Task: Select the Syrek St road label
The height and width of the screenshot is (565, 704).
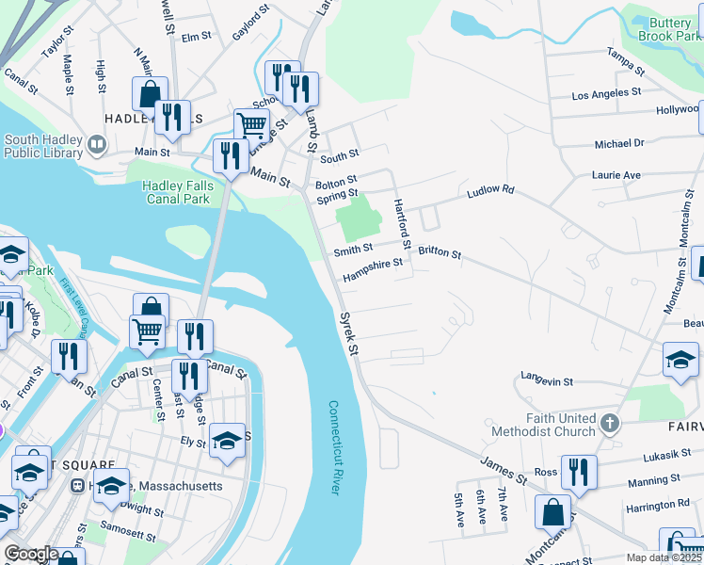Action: pos(349,333)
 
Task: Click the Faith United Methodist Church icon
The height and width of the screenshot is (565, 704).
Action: pos(610,424)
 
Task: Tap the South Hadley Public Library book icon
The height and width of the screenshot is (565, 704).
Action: pos(96,145)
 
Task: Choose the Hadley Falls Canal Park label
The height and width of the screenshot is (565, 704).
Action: pos(178,192)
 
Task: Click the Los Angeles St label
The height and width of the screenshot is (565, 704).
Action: pos(606,94)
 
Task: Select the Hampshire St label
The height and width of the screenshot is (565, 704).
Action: pos(372,269)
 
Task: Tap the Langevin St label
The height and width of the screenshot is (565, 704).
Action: pos(547,381)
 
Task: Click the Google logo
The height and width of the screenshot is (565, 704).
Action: pos(30,554)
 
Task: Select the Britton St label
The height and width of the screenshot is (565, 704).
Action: pos(440,253)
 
